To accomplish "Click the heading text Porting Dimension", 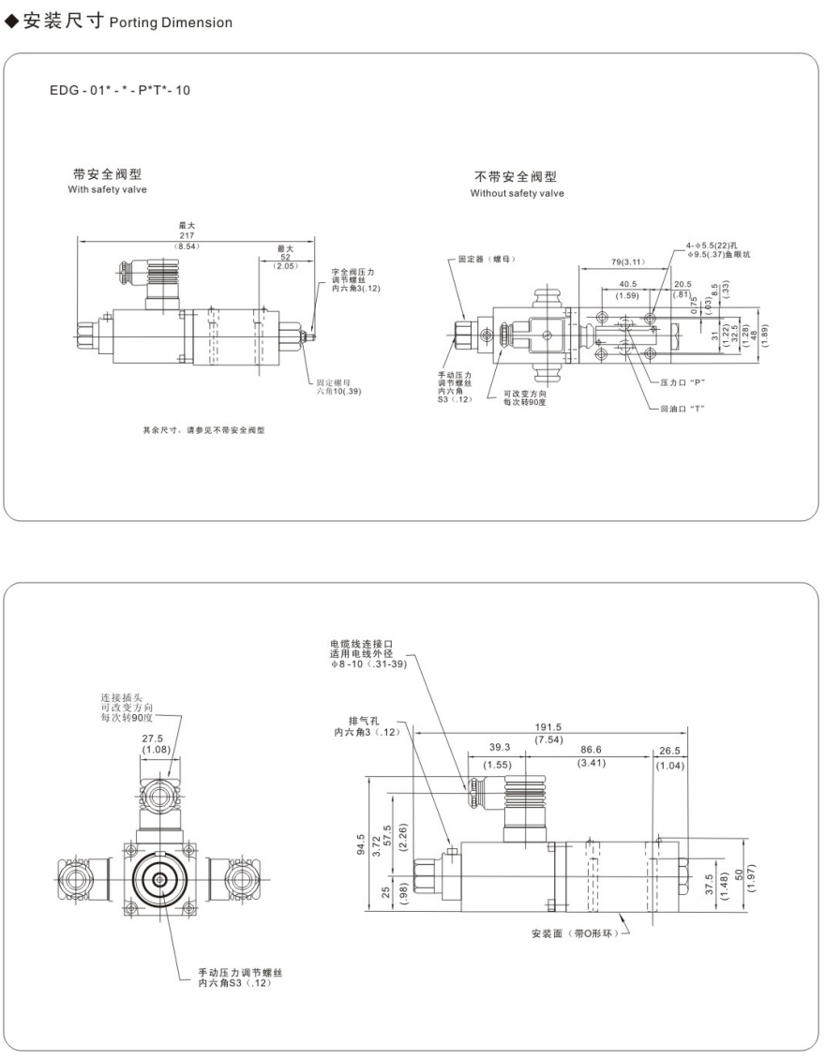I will (171, 22).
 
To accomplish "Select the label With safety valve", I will (108, 189).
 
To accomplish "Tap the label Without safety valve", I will (517, 193).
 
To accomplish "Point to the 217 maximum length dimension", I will (187, 235).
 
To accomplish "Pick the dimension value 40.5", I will (628, 284).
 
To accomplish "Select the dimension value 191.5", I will (548, 727).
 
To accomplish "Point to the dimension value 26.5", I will (670, 751).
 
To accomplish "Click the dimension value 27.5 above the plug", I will (156, 738).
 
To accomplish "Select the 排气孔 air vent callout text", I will (365, 721).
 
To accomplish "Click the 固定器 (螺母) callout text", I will (487, 259).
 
